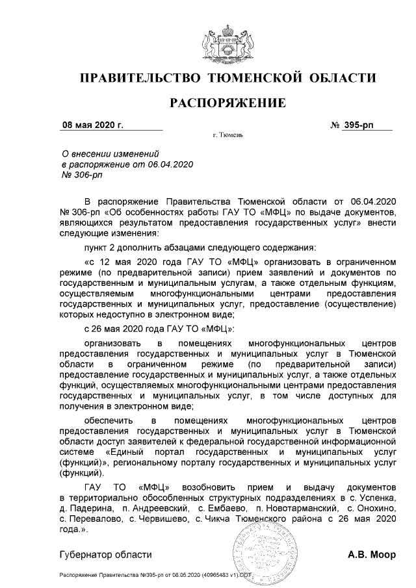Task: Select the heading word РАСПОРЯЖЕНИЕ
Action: tap(227, 103)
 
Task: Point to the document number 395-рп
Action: tap(359, 124)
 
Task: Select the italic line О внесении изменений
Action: tap(110, 154)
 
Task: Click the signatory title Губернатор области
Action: tap(105, 554)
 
